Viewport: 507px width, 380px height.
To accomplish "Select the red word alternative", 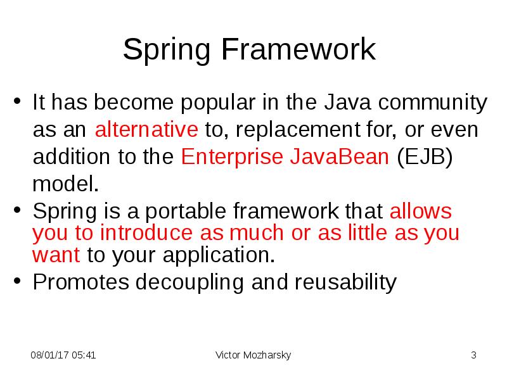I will (146, 129).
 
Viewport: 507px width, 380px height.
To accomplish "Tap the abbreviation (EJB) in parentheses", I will (425, 156).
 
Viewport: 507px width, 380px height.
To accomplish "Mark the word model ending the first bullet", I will (65, 184).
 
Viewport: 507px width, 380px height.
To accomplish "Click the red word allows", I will (421, 211).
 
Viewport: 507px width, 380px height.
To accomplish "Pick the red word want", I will (56, 255).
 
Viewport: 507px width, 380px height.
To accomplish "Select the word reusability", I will (345, 282).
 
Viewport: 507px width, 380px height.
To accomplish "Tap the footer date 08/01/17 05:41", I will (63, 355).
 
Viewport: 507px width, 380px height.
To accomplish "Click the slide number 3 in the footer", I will (473, 355).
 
